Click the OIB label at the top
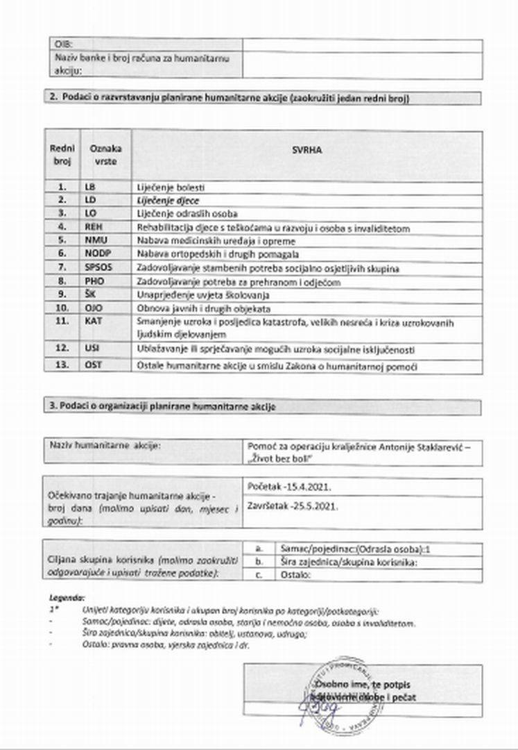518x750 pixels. (x=62, y=44)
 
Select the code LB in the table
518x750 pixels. (x=89, y=187)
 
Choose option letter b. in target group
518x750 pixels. (x=259, y=561)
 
